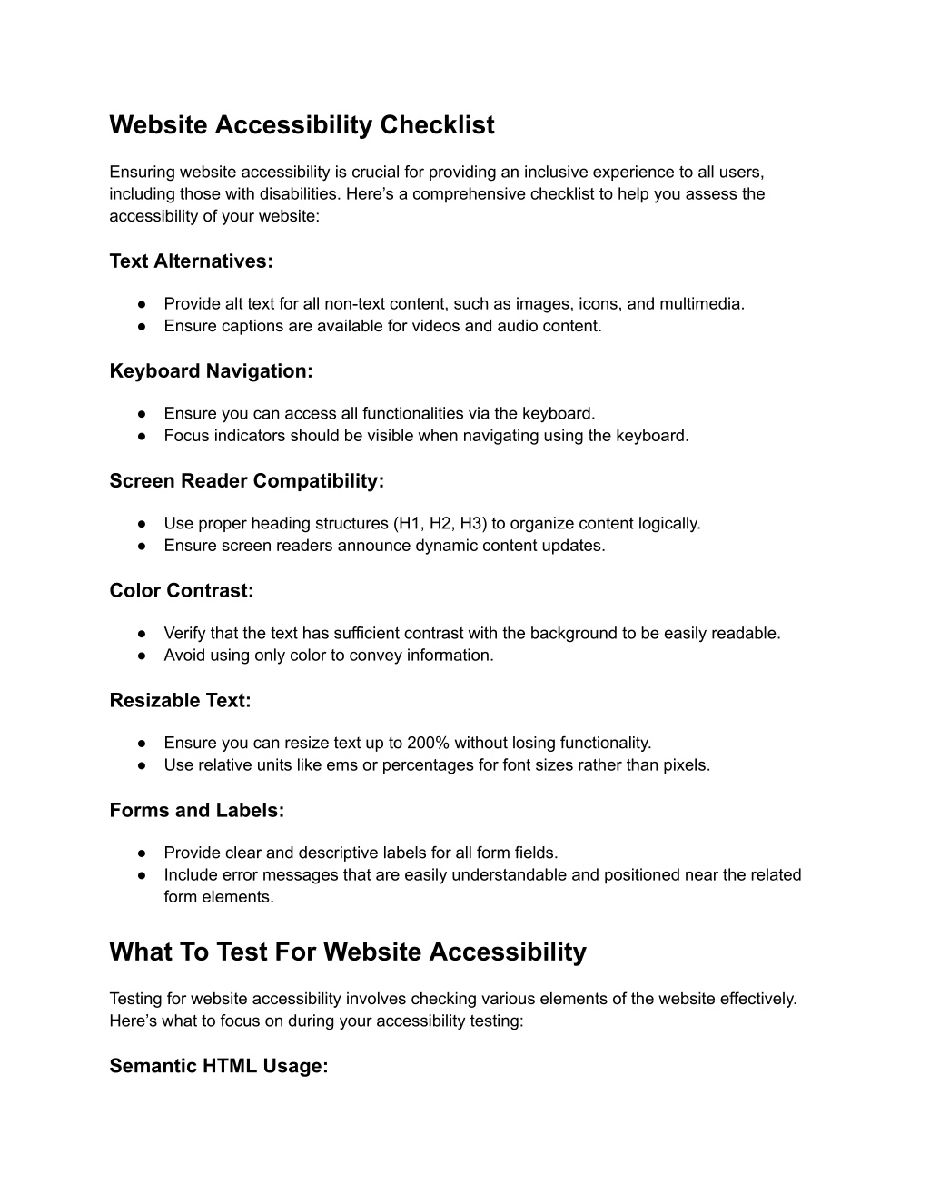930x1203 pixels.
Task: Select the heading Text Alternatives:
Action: pos(191,261)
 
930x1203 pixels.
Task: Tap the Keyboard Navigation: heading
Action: pos(211,371)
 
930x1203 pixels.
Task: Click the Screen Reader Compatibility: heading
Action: pos(246,481)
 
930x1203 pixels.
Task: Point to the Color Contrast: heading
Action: pos(181,591)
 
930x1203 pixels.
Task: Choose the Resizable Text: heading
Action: pos(180,701)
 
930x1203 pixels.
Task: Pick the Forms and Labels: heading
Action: pos(196,811)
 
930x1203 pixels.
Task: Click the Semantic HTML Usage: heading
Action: pos(218,1067)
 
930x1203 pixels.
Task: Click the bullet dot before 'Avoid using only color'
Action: pos(143,656)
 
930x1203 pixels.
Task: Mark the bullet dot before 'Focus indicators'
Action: pos(143,436)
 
